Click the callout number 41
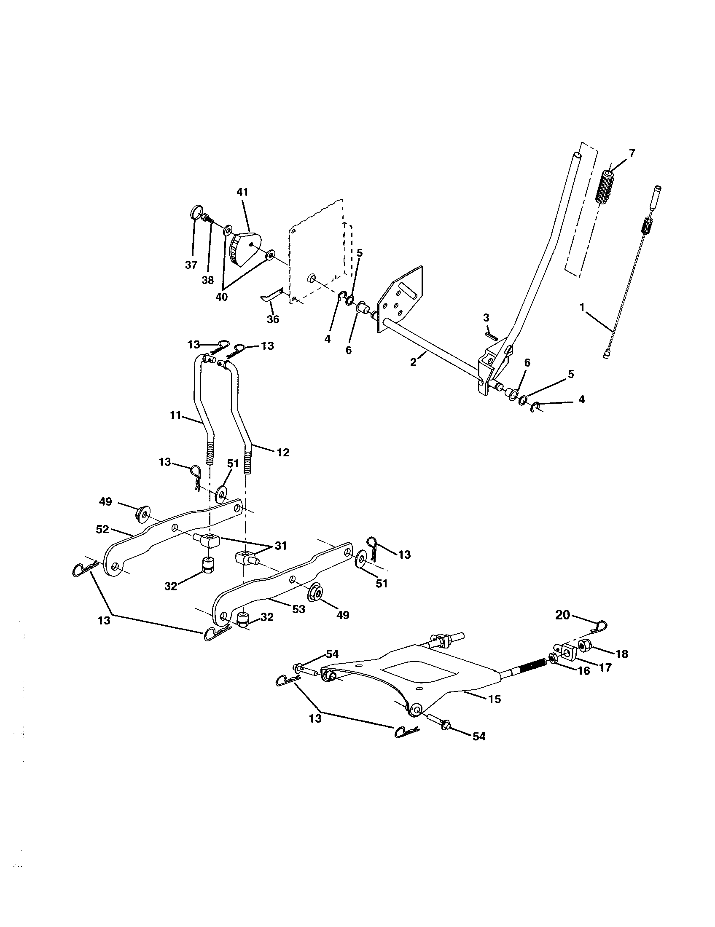242,192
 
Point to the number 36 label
273,319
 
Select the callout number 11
175,415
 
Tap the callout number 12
283,453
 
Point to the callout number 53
298,609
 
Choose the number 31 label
280,545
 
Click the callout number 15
495,699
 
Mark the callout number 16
584,671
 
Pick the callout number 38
207,281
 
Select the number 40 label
221,297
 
